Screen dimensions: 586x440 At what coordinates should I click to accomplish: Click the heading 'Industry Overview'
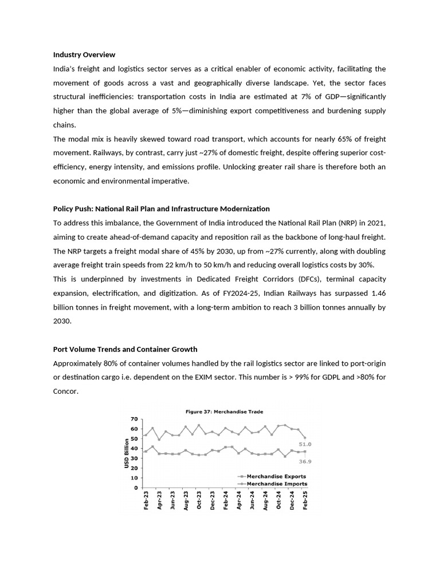point(84,55)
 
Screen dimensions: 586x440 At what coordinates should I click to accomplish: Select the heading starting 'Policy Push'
point(161,209)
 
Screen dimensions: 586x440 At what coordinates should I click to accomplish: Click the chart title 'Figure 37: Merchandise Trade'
point(224,411)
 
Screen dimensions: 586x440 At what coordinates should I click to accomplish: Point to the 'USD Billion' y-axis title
point(127,453)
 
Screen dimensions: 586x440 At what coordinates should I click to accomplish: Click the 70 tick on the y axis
point(135,419)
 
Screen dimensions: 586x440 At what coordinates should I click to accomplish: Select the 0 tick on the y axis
point(136,488)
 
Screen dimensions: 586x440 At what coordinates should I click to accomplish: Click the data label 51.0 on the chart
point(305,444)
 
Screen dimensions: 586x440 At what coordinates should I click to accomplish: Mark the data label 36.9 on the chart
point(305,461)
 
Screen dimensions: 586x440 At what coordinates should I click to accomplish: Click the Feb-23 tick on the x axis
point(146,501)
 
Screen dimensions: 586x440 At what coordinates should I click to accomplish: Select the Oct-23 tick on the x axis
point(199,501)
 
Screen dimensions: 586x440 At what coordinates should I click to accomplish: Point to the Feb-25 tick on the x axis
point(305,501)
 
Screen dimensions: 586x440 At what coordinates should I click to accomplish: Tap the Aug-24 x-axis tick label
point(265,501)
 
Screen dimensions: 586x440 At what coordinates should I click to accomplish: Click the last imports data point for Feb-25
point(305,438)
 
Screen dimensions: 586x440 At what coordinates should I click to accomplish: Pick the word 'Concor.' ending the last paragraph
point(65,391)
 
